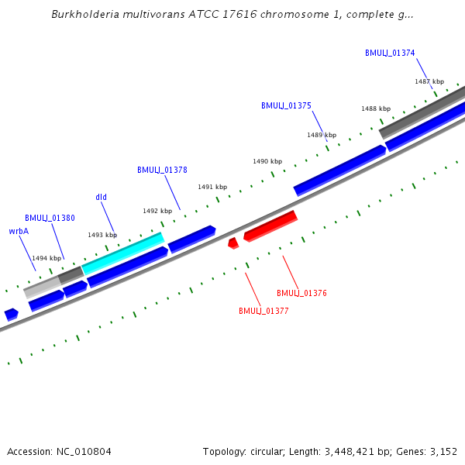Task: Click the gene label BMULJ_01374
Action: point(390,53)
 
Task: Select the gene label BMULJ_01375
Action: point(286,105)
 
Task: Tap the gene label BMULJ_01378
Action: point(162,170)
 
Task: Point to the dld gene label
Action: point(101,197)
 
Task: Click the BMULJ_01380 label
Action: point(50,218)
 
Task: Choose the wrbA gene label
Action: point(19,231)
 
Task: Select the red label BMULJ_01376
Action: point(301,293)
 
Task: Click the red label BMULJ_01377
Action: point(263,311)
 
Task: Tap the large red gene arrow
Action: point(270,226)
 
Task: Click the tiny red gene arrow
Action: point(232,243)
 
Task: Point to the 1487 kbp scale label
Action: point(429,81)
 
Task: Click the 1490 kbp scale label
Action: point(267,161)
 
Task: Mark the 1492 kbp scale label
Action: point(157,211)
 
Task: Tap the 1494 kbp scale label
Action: point(46,258)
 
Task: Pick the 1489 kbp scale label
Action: point(321,135)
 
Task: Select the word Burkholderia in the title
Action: point(86,14)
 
